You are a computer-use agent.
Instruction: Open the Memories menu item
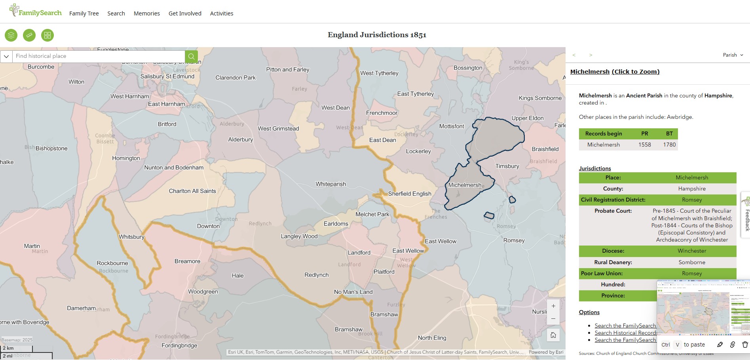(x=146, y=13)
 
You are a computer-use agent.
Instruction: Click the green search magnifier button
(x=191, y=56)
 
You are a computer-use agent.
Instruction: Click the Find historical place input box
(x=99, y=56)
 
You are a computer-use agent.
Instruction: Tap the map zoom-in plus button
(x=553, y=306)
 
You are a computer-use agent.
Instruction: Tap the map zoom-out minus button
(x=553, y=318)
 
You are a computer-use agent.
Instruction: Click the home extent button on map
(x=553, y=335)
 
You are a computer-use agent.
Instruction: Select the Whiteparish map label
(x=330, y=184)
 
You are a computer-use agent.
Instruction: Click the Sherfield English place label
(x=410, y=194)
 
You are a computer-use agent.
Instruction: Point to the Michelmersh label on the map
(x=465, y=185)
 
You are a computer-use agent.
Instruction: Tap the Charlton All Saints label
(x=192, y=191)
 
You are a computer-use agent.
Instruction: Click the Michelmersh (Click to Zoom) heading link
(x=615, y=72)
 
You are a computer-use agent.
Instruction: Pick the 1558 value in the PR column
(x=644, y=145)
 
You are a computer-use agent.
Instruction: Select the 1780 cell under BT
(x=669, y=145)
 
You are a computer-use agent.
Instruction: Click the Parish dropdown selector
(x=733, y=55)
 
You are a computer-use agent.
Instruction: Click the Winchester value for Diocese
(x=691, y=251)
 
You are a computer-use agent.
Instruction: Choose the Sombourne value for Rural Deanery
(x=691, y=262)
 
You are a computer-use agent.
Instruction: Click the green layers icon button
(x=11, y=35)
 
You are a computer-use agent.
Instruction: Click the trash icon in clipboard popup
(x=744, y=345)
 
